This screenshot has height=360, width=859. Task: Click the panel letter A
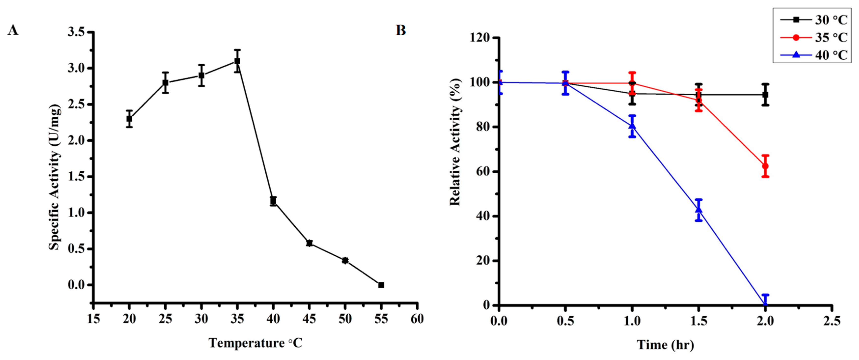point(13,30)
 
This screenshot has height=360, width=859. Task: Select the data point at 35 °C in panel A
point(237,61)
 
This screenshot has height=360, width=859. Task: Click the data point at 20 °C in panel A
point(129,118)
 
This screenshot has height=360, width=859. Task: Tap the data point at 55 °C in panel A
point(381,285)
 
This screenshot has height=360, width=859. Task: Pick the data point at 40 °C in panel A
point(273,201)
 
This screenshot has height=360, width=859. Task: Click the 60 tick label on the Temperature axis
point(417,319)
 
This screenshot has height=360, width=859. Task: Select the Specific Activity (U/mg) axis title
point(54,177)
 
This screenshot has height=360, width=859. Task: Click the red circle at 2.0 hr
point(765,166)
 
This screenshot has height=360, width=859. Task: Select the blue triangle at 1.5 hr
point(699,209)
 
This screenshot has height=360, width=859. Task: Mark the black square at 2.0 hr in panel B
point(765,95)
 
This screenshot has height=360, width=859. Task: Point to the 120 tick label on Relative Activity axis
point(479,38)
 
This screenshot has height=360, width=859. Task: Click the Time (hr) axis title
point(665,345)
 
